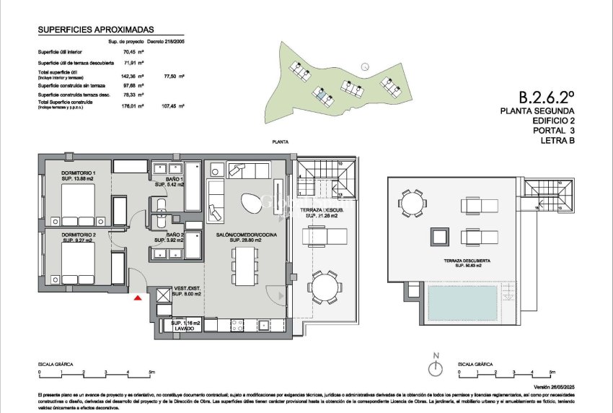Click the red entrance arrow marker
point(138,296)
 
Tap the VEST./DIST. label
point(186,290)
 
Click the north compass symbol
point(435,368)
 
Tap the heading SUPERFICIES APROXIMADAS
point(95,31)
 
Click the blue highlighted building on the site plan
point(318,92)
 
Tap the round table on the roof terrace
point(412,202)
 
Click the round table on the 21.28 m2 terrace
point(325,288)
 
